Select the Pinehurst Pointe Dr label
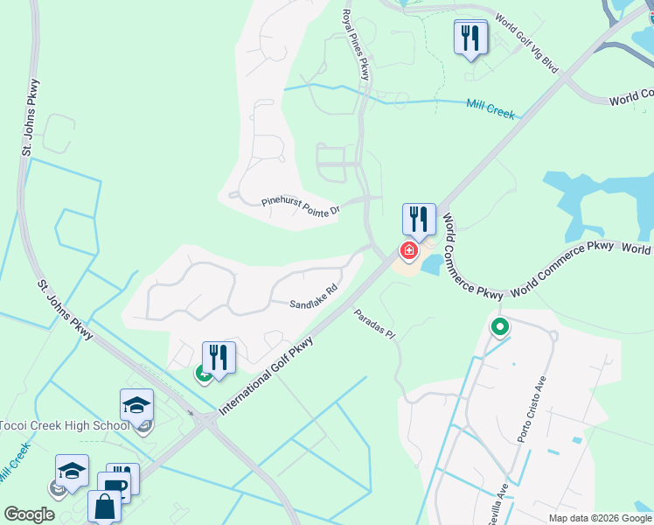[300, 202]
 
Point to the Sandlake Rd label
[314, 297]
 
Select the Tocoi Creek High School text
[64, 426]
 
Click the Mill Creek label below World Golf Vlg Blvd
[490, 108]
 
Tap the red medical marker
[408, 251]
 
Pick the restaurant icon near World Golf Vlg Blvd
[471, 38]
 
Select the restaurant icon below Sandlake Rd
[219, 357]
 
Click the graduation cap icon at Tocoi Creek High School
[136, 405]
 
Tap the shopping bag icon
[104, 507]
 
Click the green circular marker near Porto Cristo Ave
[500, 328]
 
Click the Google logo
[29, 514]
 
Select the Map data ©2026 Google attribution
[600, 518]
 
